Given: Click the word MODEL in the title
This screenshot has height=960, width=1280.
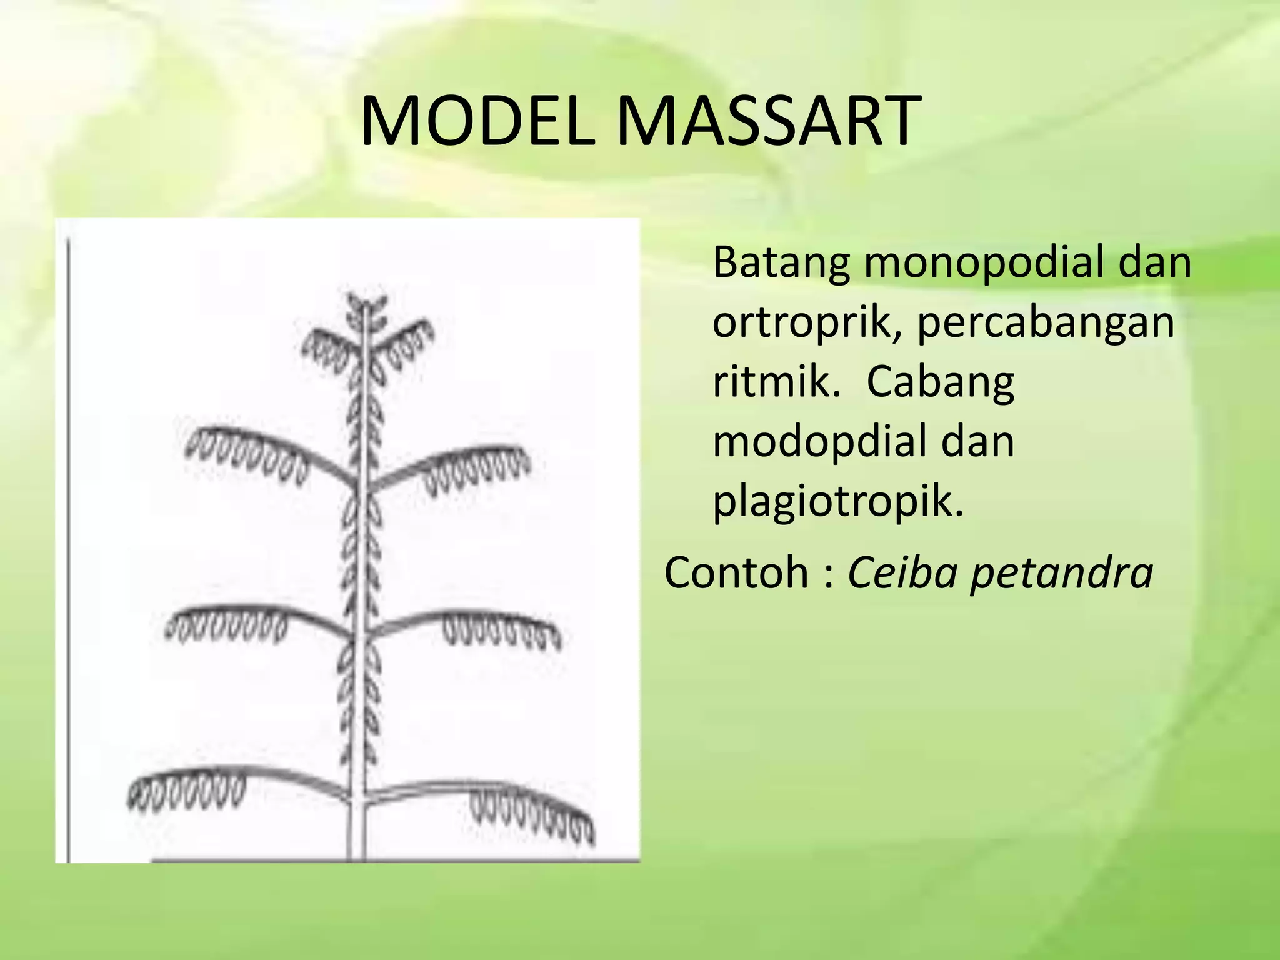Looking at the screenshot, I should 478,122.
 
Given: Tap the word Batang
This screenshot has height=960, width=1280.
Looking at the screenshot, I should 781,263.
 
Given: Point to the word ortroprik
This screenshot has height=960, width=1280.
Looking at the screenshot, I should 806,322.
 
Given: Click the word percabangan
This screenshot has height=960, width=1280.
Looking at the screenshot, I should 1045,322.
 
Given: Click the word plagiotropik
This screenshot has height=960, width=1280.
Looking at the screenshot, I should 837,501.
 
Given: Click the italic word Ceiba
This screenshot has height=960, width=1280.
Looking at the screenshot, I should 902,572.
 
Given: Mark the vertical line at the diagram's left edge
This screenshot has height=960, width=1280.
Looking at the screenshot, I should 67,544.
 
